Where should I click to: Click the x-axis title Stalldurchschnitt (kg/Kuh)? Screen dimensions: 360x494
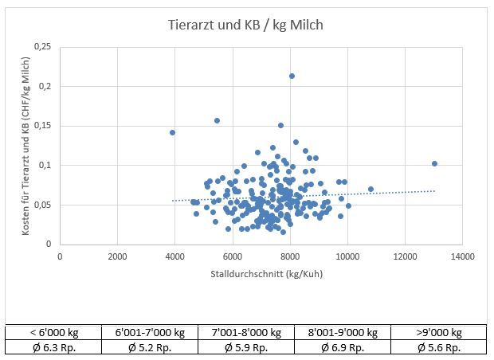click(x=261, y=273)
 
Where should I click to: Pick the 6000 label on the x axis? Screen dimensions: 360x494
click(x=232, y=256)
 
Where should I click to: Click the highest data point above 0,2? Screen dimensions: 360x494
click(x=292, y=76)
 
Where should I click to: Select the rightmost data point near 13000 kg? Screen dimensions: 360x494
click(x=434, y=163)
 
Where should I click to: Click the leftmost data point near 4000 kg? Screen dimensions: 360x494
click(x=172, y=132)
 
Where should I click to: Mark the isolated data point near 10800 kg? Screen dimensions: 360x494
click(x=370, y=189)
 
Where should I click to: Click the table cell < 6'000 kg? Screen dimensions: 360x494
click(x=54, y=333)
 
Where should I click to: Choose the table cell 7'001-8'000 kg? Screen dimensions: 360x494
click(x=246, y=333)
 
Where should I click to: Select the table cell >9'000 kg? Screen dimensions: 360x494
click(x=438, y=333)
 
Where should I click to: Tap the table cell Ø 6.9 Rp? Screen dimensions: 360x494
click(x=343, y=347)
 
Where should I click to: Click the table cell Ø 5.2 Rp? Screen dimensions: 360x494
click(x=151, y=347)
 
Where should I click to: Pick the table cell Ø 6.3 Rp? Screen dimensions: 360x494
click(x=54, y=347)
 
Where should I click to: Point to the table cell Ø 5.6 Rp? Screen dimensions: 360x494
click(x=438, y=347)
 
